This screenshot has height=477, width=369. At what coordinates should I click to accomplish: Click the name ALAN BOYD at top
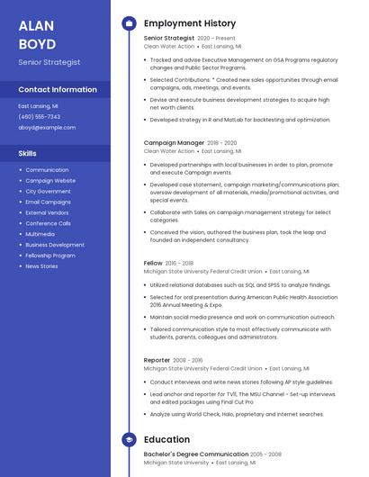(x=37, y=34)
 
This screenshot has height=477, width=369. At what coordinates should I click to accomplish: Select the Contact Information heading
(x=58, y=89)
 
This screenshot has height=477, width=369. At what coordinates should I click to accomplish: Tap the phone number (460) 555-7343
(x=39, y=116)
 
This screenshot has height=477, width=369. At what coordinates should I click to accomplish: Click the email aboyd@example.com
(x=47, y=127)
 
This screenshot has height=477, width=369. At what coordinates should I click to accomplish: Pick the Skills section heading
(x=27, y=153)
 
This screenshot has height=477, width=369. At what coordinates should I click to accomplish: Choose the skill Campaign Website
(x=50, y=180)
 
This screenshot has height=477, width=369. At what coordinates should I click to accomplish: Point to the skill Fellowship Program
(x=50, y=256)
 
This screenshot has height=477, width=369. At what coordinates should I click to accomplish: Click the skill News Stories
(x=41, y=266)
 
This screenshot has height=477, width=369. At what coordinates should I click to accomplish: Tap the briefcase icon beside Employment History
(x=129, y=23)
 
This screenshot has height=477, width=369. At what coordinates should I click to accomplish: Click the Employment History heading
(x=190, y=23)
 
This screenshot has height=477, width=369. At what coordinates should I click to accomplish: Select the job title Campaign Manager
(x=174, y=142)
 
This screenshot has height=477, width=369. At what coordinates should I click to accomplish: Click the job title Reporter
(x=157, y=360)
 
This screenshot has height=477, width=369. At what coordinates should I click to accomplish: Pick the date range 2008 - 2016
(x=188, y=360)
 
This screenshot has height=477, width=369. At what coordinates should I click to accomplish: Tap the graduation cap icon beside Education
(x=129, y=439)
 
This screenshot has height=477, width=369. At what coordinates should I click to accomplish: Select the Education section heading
(x=166, y=439)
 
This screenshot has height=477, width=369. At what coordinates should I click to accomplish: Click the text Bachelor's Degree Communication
(x=195, y=454)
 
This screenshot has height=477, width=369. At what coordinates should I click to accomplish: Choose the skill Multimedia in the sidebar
(x=40, y=234)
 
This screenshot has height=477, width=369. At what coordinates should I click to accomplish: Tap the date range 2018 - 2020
(x=222, y=142)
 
